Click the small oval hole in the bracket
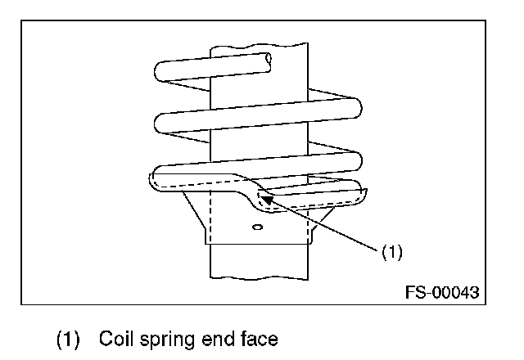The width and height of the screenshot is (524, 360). pos(257,227)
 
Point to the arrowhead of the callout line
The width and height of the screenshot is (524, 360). pos(264,197)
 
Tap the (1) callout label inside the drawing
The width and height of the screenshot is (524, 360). pos(392,252)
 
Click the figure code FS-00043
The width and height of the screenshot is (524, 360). pos(441,291)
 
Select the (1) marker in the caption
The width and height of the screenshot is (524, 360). pos(70,337)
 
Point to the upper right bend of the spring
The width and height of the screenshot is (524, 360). pos(355,106)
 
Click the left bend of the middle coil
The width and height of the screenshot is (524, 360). pos(161,123)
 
